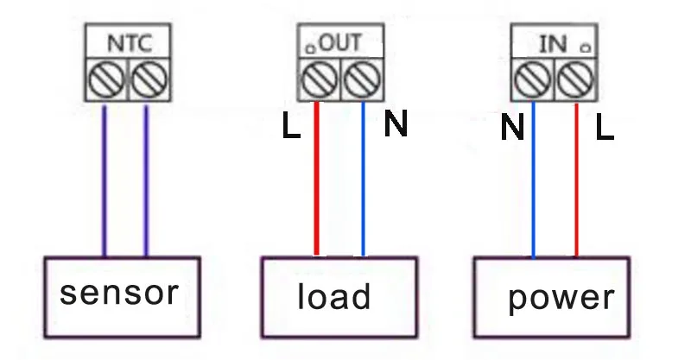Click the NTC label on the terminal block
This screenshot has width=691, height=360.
130,43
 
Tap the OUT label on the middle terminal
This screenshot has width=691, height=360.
340,43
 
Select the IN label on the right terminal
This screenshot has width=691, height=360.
553,44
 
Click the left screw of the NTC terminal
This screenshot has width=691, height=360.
106,79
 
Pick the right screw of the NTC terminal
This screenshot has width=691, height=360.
149,79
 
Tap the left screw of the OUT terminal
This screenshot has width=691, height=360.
320,79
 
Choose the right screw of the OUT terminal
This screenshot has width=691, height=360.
362,79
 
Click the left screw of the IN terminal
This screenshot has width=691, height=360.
533,79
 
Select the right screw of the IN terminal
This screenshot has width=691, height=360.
575,79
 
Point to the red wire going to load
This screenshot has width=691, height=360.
316,179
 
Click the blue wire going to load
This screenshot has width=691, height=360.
363,179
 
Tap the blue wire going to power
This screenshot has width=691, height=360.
533,180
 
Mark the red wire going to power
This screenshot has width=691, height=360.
576,180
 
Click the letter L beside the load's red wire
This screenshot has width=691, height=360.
291,125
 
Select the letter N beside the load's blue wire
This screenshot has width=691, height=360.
396,123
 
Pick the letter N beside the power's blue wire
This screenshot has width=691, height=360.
512,127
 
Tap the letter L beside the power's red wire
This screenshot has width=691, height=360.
605,127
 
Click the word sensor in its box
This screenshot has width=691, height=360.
119,293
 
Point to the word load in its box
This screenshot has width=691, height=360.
334,295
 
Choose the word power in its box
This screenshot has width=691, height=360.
561,299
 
